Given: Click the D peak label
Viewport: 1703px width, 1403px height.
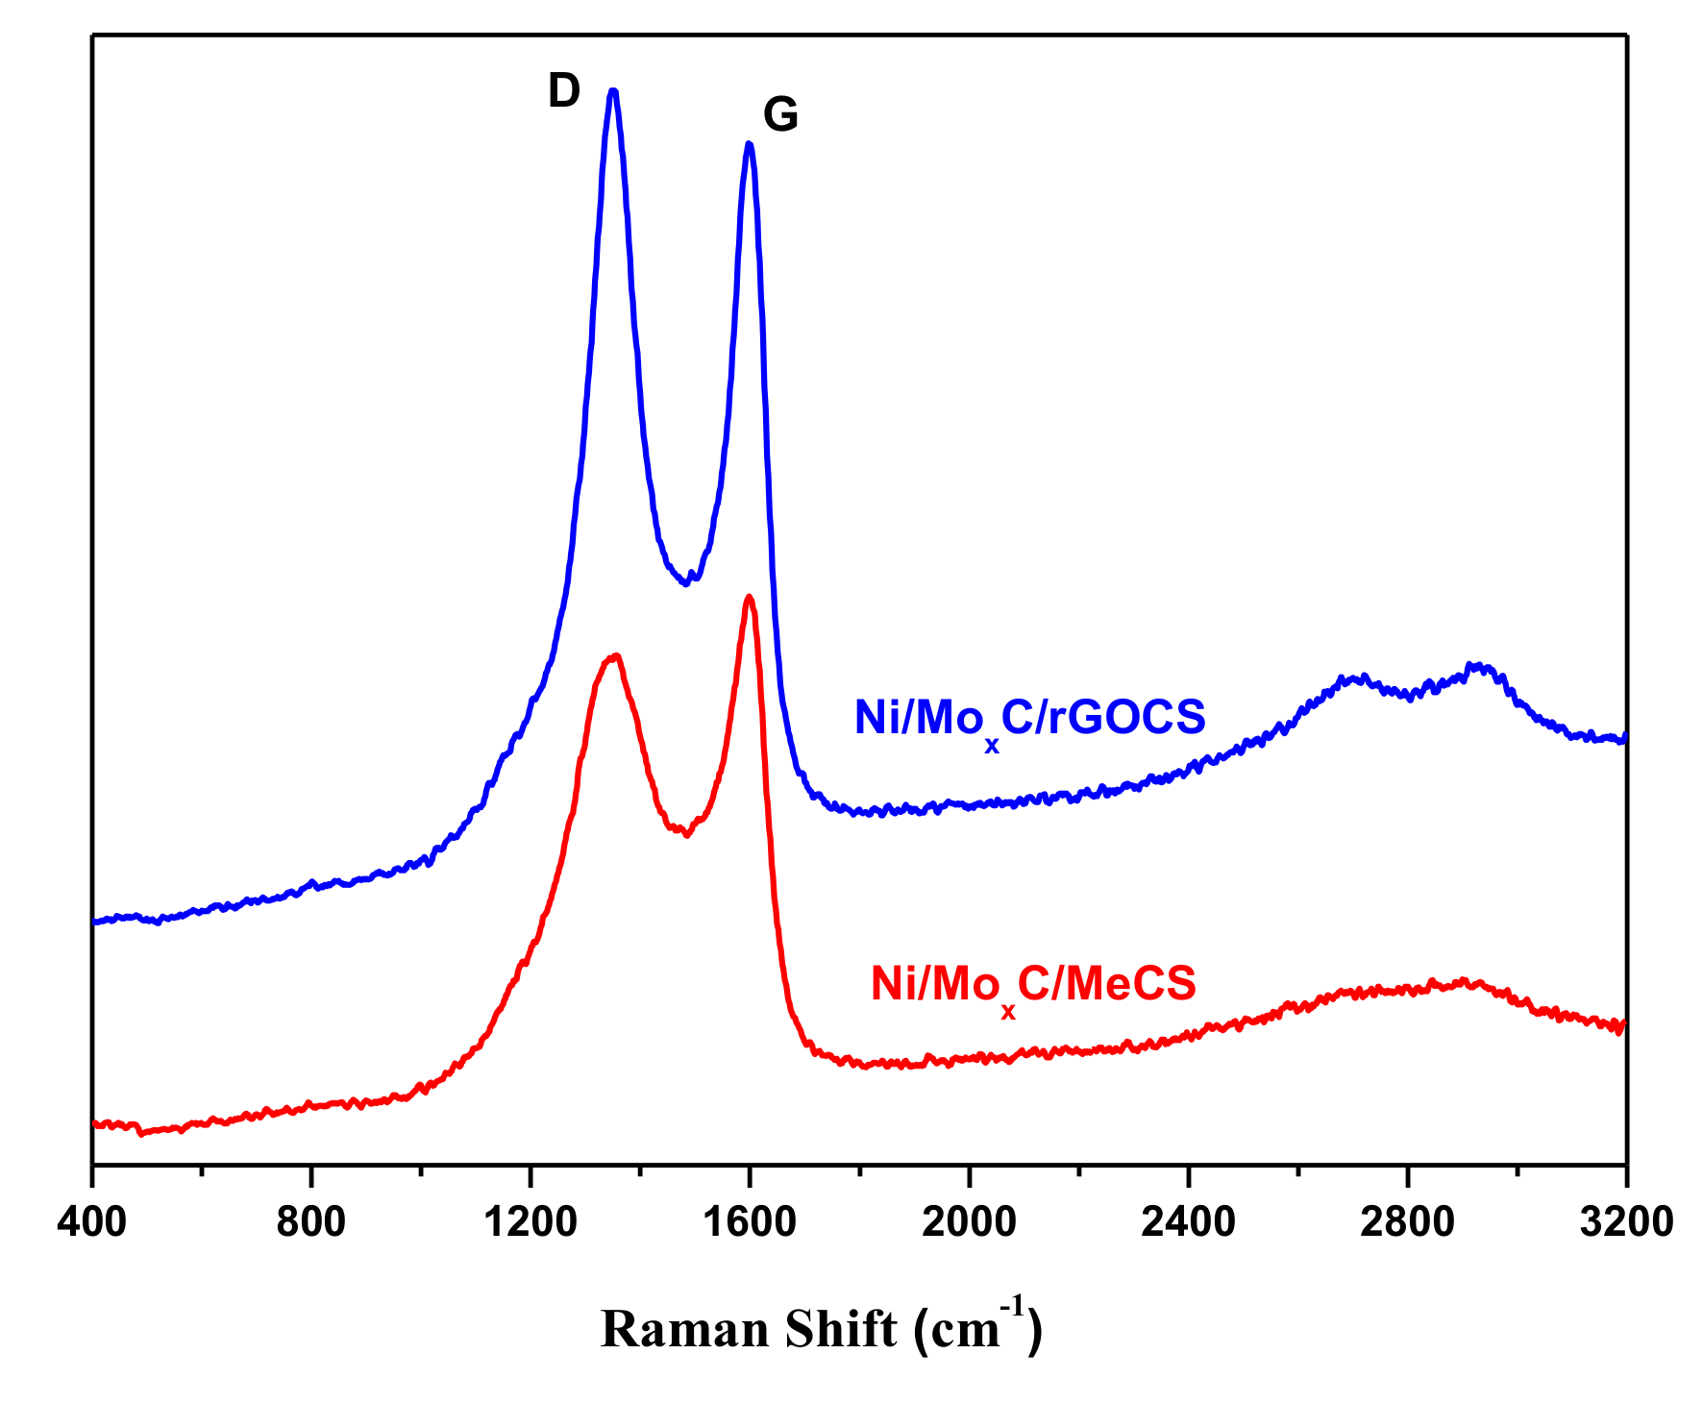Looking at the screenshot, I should [564, 92].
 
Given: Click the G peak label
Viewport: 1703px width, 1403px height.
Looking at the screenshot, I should [780, 115].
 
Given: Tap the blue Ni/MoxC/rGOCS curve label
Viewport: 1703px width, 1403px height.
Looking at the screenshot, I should [1029, 719].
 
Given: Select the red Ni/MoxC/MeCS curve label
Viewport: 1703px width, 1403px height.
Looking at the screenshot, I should [1033, 985].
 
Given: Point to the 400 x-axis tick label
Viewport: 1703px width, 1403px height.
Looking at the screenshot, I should [91, 1222].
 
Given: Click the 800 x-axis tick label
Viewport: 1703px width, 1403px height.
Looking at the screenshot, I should [310, 1222].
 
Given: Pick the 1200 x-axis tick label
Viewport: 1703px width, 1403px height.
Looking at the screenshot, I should [530, 1222].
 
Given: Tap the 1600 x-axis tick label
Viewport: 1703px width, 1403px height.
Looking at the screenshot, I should [749, 1222].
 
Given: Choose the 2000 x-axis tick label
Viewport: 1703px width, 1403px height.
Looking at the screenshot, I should [969, 1222].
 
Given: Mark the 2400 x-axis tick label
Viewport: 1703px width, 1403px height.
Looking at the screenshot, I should [1188, 1222].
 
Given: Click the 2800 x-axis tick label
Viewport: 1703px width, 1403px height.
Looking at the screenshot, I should [1407, 1222].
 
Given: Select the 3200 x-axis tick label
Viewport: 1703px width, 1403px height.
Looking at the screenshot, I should [1626, 1222].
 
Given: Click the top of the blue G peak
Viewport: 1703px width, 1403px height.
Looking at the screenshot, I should [750, 144].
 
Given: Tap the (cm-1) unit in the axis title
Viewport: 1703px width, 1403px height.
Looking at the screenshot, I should [978, 1328].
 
